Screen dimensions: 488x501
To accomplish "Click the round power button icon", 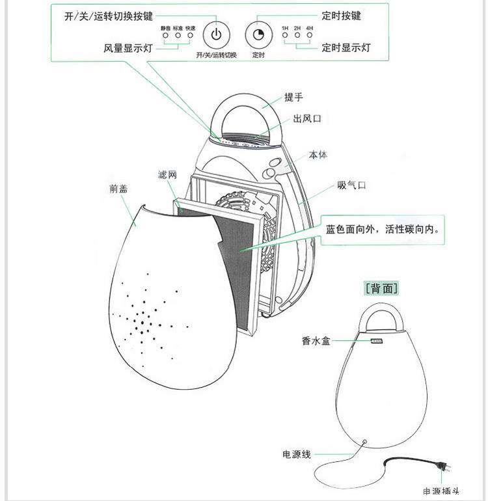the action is click(x=217, y=34).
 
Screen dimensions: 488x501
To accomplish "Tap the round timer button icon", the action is click(x=258, y=34).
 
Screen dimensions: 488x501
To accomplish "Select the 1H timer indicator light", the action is click(x=285, y=36).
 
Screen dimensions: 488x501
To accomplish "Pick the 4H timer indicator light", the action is click(x=309, y=36).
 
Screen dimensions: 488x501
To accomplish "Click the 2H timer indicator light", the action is click(x=297, y=36).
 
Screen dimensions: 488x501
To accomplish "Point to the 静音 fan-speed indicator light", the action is click(x=165, y=36).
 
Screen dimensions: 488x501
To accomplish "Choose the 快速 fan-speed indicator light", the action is click(x=190, y=36).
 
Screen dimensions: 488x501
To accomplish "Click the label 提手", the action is click(x=294, y=98).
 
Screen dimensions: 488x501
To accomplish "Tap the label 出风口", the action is click(x=307, y=119).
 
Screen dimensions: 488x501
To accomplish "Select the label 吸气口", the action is click(x=351, y=185).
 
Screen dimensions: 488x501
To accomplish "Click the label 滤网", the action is click(x=168, y=176).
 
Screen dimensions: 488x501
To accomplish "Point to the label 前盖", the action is click(x=118, y=189).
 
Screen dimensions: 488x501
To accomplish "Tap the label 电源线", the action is click(x=297, y=454).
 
